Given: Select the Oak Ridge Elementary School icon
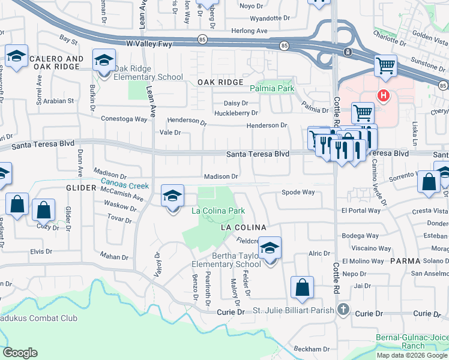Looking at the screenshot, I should [104, 60].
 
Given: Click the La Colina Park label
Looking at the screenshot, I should [218, 211].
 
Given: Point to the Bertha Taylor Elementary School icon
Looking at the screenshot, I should [270, 248].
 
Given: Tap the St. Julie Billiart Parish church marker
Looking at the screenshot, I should [343, 310].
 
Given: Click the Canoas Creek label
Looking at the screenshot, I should [124, 186].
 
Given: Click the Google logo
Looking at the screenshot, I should [20, 353].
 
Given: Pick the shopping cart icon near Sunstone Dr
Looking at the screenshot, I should [385, 65].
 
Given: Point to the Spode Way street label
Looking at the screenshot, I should [298, 193].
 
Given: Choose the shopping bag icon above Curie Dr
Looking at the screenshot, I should [302, 287].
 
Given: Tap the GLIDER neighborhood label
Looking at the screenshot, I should [82, 188].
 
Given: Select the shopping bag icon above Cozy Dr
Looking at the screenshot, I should [43, 211].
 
